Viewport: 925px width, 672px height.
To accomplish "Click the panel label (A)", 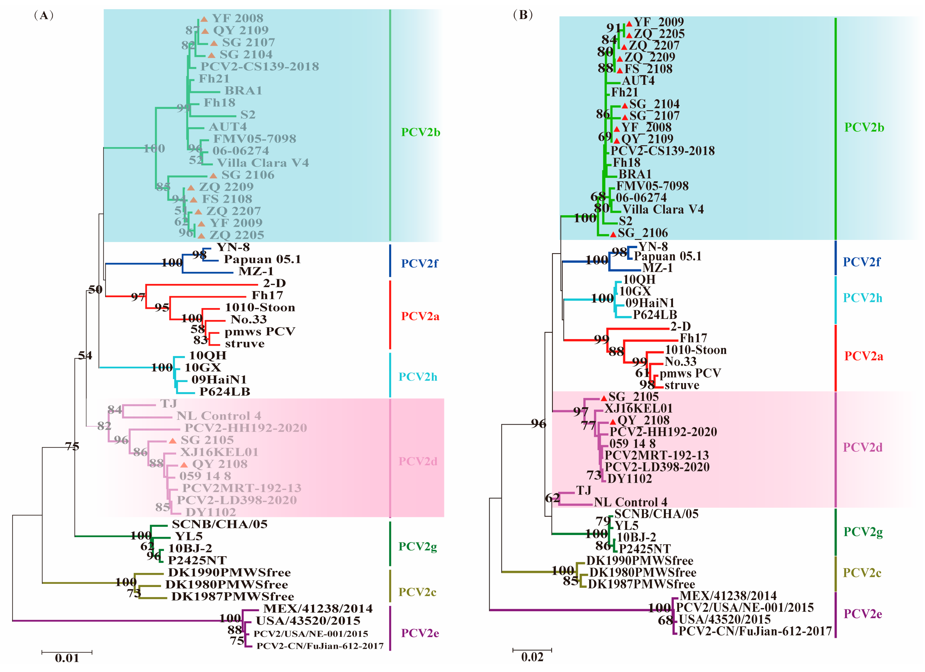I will (x=44, y=16).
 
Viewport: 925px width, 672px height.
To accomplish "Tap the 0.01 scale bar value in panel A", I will (x=67, y=658).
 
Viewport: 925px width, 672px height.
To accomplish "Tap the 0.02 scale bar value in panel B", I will (x=532, y=657).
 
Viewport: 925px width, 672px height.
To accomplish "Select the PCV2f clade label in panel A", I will (x=419, y=264).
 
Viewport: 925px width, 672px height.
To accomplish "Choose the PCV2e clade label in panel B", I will (x=863, y=614).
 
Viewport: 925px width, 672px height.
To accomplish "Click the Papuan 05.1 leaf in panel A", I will (x=262, y=259).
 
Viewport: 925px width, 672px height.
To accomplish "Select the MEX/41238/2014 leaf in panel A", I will (x=318, y=609).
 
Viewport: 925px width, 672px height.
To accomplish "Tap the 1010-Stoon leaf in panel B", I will (x=695, y=350).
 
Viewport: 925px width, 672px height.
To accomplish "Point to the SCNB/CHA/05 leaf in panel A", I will (x=220, y=524).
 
